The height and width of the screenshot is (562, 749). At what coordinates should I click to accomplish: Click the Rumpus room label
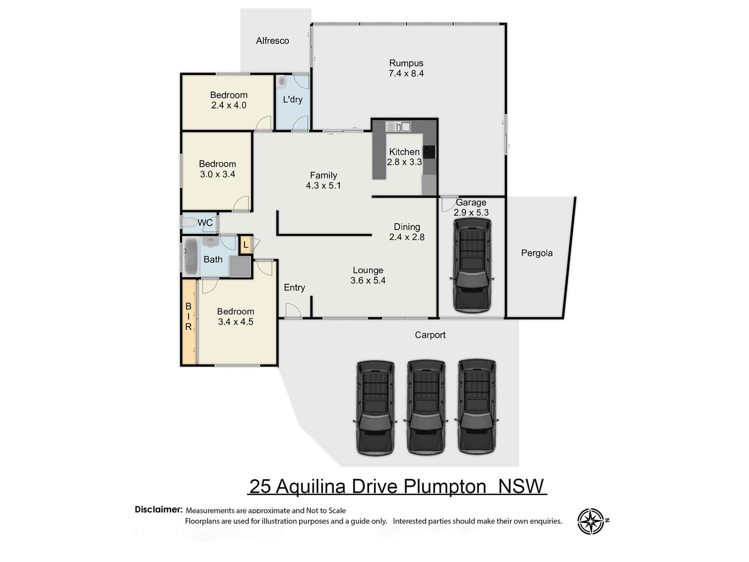pos(406,63)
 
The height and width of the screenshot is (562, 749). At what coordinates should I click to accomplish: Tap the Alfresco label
pos(272,41)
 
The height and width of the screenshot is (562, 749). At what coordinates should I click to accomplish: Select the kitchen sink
pos(398,127)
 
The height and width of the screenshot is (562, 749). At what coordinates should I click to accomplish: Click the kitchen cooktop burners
pos(429,152)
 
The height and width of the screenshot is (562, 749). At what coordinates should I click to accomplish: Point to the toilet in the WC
pos(189,223)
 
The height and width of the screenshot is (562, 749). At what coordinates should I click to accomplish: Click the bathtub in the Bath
pos(191,257)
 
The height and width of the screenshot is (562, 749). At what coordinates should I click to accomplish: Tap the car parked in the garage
pos(471,265)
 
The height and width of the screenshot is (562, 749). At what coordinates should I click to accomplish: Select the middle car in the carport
pos(426,407)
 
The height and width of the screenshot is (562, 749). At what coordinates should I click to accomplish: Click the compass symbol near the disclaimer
pos(591,521)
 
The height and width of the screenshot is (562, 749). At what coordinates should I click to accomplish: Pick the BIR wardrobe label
pos(188,317)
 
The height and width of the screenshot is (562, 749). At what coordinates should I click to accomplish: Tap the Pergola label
pos(537,253)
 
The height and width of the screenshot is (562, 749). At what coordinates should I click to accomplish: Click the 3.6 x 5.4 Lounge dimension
pos(368,281)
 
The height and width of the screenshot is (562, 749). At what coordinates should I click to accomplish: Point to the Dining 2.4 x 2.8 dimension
pos(407,237)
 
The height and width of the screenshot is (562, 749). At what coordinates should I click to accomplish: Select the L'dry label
pos(292,100)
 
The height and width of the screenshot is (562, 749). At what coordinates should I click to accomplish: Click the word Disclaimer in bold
pos(158,510)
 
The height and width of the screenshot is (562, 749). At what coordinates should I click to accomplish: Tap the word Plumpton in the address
pos(445,487)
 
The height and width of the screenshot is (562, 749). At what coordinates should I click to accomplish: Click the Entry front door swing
pos(293,311)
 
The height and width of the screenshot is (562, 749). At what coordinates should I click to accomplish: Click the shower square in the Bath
pos(240,266)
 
